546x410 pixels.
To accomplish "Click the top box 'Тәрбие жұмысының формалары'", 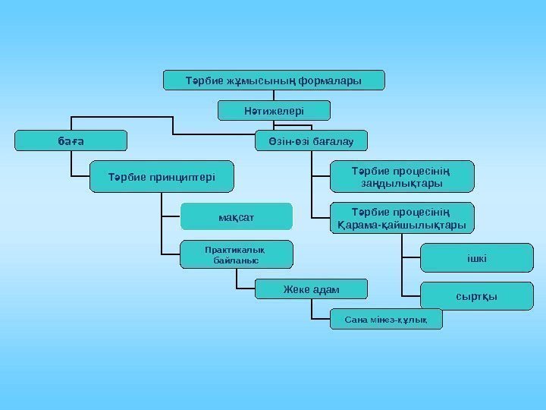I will [275, 79].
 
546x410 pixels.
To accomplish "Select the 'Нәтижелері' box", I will [264, 111].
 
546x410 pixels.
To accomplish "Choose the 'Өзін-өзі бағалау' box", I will [311, 140].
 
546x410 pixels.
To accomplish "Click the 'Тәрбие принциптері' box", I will [161, 177].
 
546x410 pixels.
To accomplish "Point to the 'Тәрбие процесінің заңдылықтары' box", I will [402, 176].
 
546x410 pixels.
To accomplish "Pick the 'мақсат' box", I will [236, 217].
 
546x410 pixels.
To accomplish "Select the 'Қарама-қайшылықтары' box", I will [402, 219].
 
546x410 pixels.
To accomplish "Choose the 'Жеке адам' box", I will [311, 289].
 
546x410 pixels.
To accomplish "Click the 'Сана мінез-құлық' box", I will [386, 319].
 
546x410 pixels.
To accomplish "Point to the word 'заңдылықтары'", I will [402, 184].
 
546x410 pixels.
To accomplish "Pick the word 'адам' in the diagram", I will [326, 289].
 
